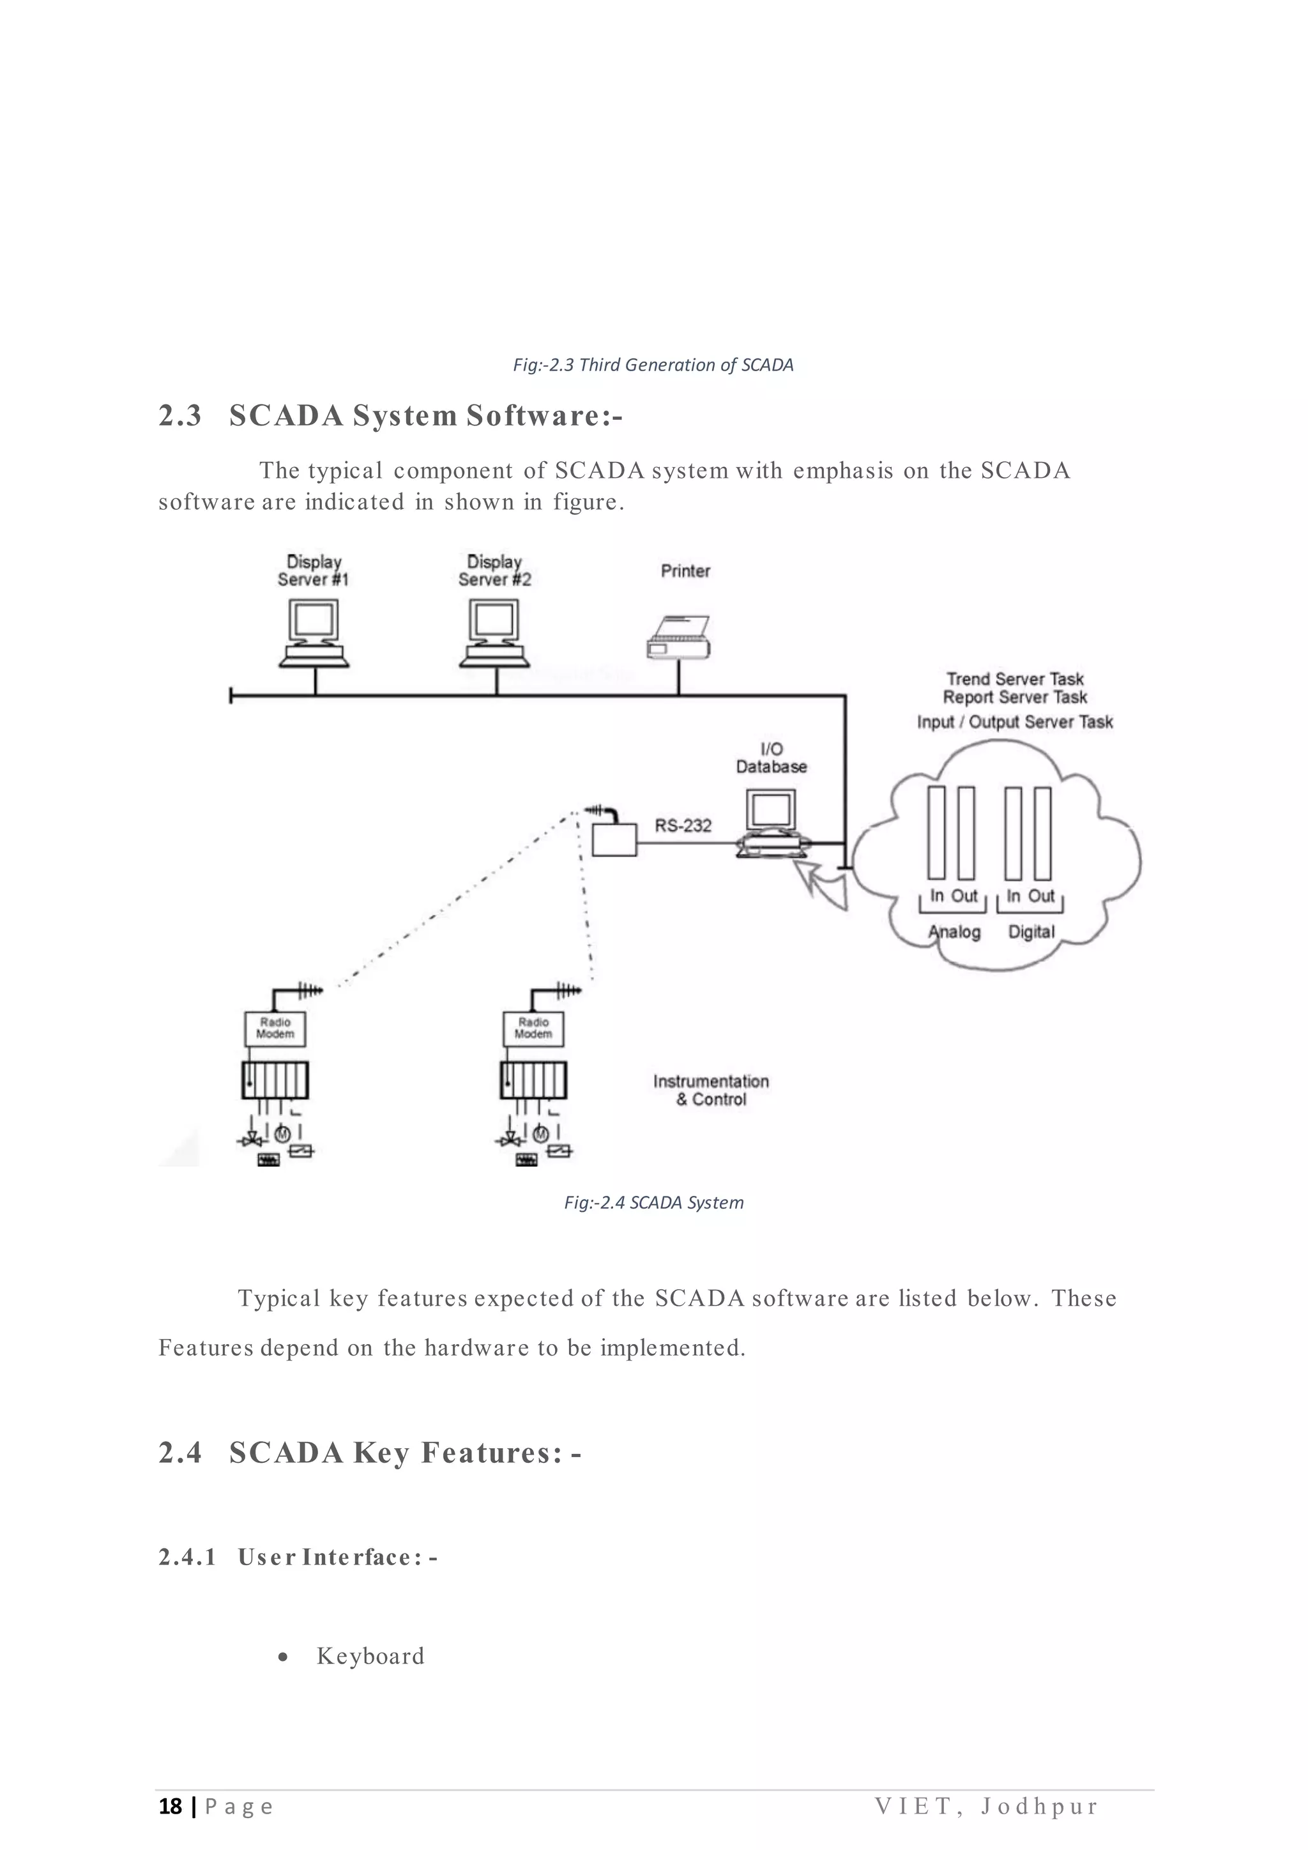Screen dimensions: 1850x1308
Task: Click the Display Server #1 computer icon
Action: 314,634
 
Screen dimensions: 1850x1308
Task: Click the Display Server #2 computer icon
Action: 494,634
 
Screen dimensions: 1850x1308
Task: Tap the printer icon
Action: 679,638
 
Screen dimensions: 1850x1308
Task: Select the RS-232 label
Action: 683,826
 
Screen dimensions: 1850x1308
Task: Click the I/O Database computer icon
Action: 771,823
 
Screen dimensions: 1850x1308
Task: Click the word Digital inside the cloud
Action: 1031,932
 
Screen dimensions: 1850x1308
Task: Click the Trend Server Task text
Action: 1015,679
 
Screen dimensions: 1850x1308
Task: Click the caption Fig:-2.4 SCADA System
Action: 653,1203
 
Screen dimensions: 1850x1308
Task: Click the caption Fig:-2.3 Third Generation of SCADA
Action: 653,365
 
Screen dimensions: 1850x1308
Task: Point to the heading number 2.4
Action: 180,1453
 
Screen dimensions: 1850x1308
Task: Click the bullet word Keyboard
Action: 370,1656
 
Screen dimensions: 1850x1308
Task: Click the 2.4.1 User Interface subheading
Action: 298,1557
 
